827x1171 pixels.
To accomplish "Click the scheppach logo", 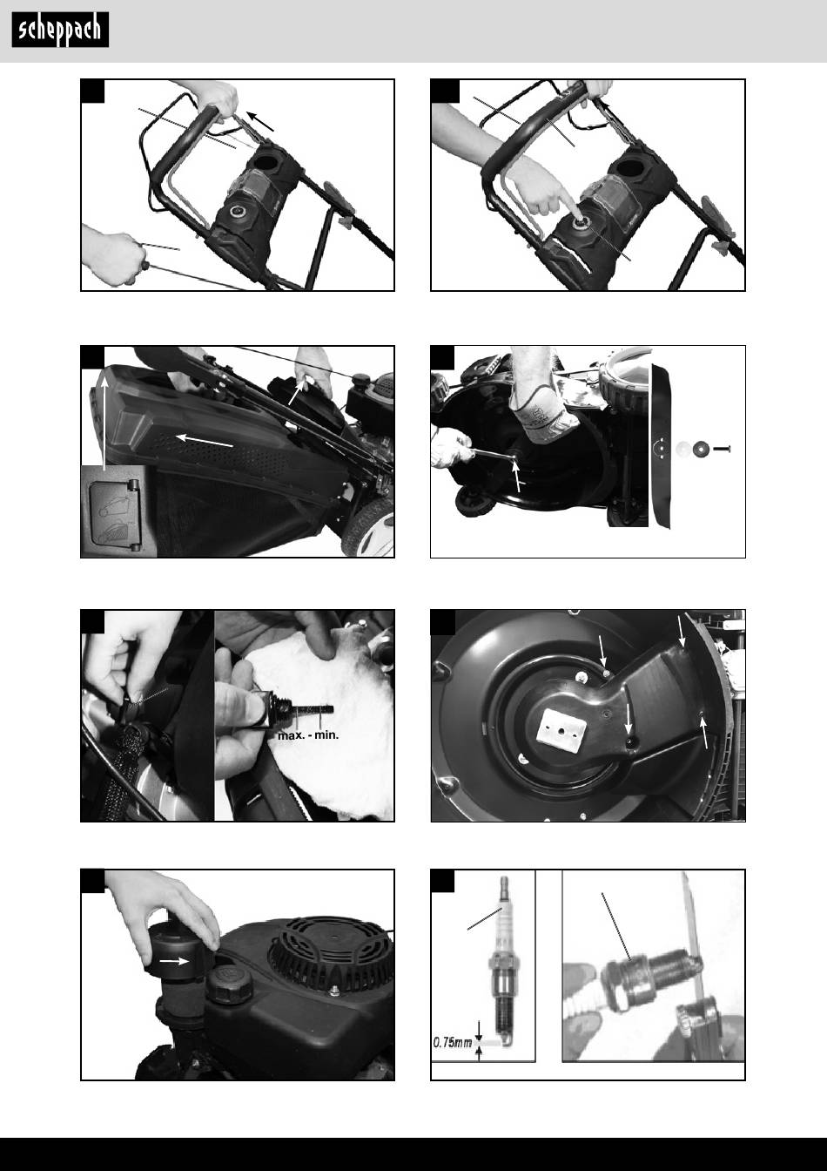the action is pos(60,30).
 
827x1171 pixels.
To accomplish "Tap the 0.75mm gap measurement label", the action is pos(453,1042).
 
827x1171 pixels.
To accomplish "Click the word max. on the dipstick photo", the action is pos(291,735).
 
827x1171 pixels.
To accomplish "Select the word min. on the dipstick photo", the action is pos(326,735).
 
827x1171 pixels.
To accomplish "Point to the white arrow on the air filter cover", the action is pos(174,961).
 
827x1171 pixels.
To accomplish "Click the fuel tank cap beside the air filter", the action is pos(229,985).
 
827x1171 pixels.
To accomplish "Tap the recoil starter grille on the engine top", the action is pos(330,948).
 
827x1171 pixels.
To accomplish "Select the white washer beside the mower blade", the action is pos(682,449).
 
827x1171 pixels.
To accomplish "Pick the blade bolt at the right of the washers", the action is pos(721,449).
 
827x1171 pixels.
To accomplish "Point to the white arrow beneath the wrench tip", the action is pos(517,477).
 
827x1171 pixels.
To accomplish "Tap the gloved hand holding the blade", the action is pos(541,412).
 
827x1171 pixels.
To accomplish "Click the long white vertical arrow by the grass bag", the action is pos(104,423).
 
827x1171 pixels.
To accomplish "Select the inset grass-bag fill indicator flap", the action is pos(114,516).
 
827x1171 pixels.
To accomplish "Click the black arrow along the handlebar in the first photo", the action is pos(259,121).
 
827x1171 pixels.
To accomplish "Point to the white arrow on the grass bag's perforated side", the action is pos(205,440).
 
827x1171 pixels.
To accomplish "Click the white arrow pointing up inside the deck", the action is pos(704,732).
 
